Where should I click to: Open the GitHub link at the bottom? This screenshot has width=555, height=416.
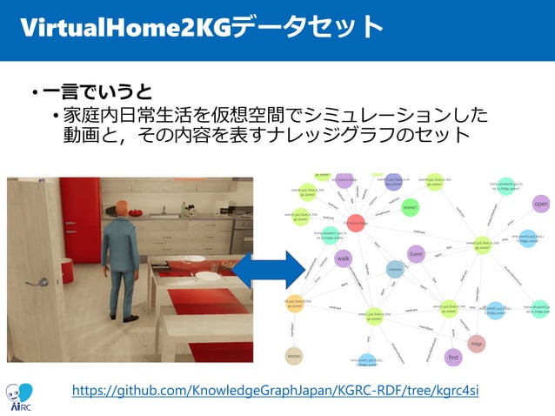tap(275, 389)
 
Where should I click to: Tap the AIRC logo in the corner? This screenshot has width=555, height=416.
tap(19, 396)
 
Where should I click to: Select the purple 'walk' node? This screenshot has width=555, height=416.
tap(343, 258)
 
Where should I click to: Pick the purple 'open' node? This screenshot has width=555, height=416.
tap(540, 204)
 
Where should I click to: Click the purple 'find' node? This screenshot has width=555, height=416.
tap(452, 357)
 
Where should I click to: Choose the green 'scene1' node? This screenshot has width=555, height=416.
tap(410, 208)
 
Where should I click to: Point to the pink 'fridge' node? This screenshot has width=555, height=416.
tap(477, 343)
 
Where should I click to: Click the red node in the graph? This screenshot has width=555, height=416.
tap(356, 224)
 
